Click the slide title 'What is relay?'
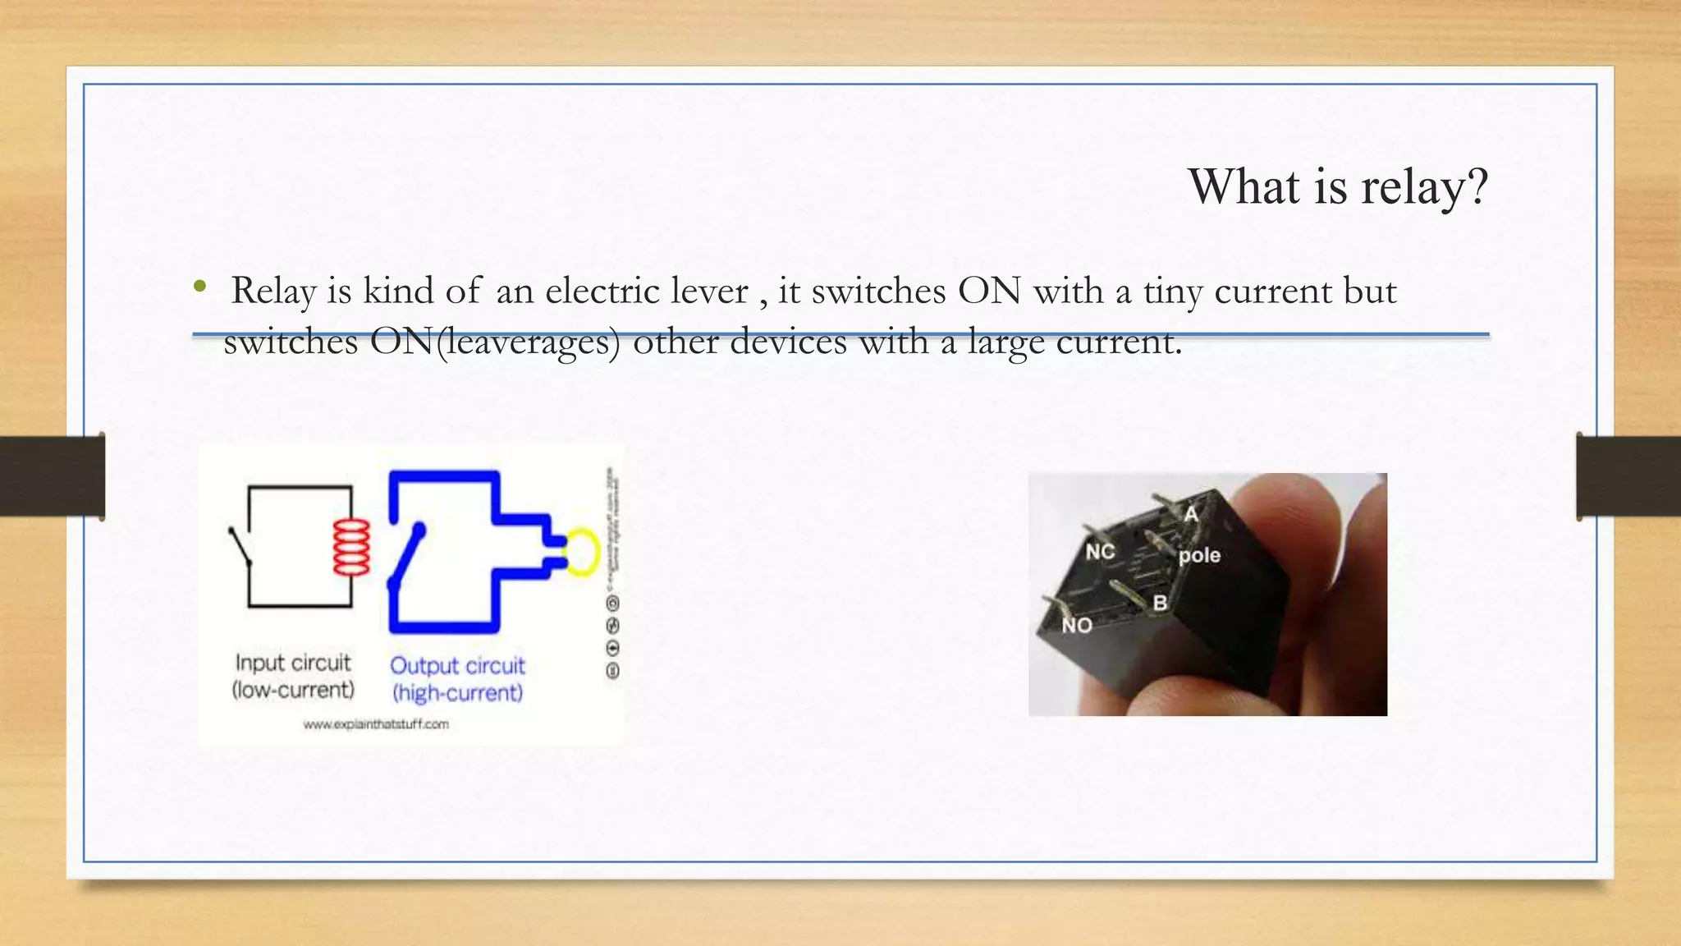(x=1337, y=187)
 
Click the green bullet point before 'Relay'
(x=199, y=287)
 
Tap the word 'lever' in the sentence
(x=708, y=291)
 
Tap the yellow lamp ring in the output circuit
(x=583, y=551)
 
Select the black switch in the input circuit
(x=239, y=546)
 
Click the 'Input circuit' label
(x=293, y=663)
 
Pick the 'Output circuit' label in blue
(x=457, y=665)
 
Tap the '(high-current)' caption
(x=457, y=693)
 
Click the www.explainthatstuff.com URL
(x=376, y=724)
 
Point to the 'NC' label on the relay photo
(x=1100, y=552)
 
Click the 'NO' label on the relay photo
(x=1077, y=626)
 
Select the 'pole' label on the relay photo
(x=1199, y=556)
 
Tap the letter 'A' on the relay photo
(x=1191, y=515)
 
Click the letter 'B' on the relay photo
(x=1160, y=604)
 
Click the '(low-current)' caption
(x=293, y=690)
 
